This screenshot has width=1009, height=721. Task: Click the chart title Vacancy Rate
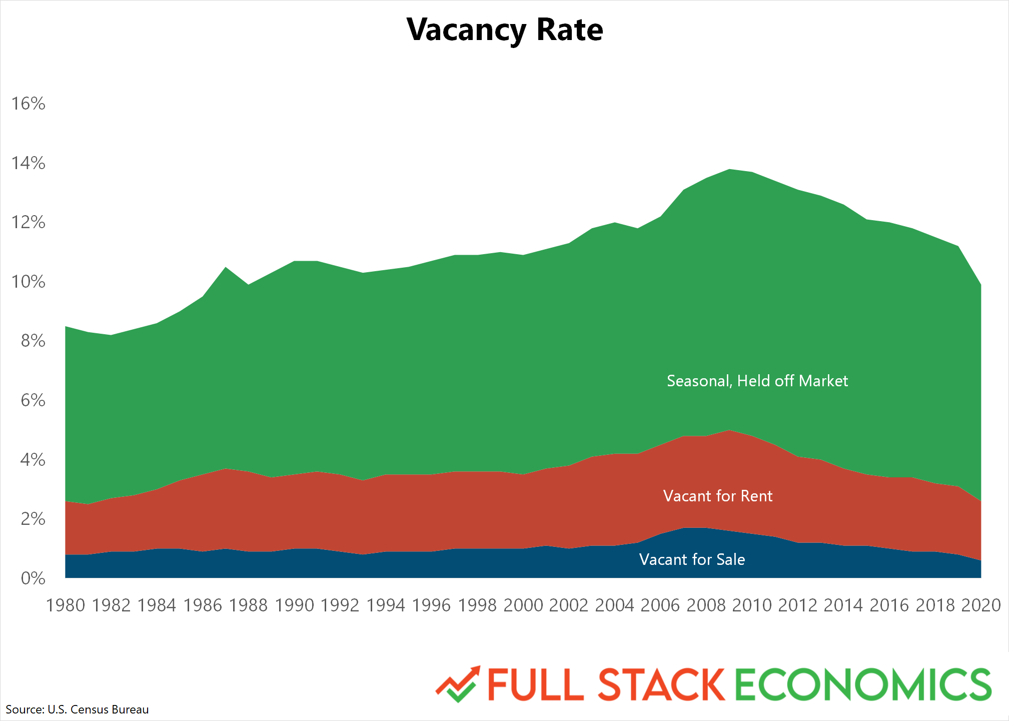pyautogui.click(x=505, y=30)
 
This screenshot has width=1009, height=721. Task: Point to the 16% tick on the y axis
pyautogui.click(x=29, y=104)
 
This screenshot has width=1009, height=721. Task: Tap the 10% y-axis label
pyautogui.click(x=29, y=282)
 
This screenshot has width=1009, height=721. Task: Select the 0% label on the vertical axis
pyautogui.click(x=33, y=579)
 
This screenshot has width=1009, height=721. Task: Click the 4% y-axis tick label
pyautogui.click(x=33, y=460)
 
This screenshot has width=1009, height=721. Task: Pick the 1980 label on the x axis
pyautogui.click(x=66, y=605)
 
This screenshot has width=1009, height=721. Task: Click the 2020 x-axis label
pyautogui.click(x=980, y=605)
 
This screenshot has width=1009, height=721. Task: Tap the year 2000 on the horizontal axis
pyautogui.click(x=523, y=605)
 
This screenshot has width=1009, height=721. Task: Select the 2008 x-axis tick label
pyautogui.click(x=706, y=605)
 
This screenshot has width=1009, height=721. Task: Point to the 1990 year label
pyautogui.click(x=295, y=605)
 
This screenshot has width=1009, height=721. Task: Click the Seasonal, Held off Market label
pyautogui.click(x=757, y=381)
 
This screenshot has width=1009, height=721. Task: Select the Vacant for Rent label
pyautogui.click(x=718, y=496)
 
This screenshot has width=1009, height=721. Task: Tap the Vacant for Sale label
pyautogui.click(x=692, y=559)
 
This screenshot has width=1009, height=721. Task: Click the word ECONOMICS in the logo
pyautogui.click(x=863, y=684)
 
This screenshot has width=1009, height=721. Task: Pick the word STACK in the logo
pyautogui.click(x=661, y=684)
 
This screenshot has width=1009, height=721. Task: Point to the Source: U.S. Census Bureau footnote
pyautogui.click(x=77, y=709)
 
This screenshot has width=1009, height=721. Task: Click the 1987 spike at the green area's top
pyautogui.click(x=226, y=268)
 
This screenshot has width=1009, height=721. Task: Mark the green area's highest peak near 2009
pyautogui.click(x=729, y=170)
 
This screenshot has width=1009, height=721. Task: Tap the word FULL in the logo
pyautogui.click(x=536, y=684)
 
